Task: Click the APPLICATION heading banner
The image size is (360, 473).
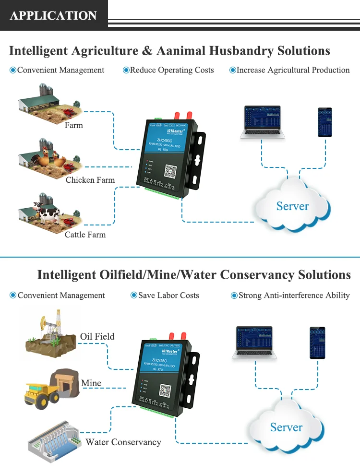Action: click(53, 15)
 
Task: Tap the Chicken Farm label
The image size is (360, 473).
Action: click(90, 180)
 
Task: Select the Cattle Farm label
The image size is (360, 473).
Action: click(85, 235)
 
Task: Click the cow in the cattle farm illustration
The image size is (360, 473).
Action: click(47, 211)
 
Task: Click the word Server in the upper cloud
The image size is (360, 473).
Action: click(292, 206)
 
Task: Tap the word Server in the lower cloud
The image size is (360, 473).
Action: click(286, 427)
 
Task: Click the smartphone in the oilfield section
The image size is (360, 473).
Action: click(317, 343)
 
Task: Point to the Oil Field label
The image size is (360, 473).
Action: click(97, 336)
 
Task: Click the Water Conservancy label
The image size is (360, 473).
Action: click(123, 442)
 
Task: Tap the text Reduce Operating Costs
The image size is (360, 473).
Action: click(172, 70)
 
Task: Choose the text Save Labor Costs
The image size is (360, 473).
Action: click(168, 296)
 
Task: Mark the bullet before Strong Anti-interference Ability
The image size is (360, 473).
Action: click(234, 296)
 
